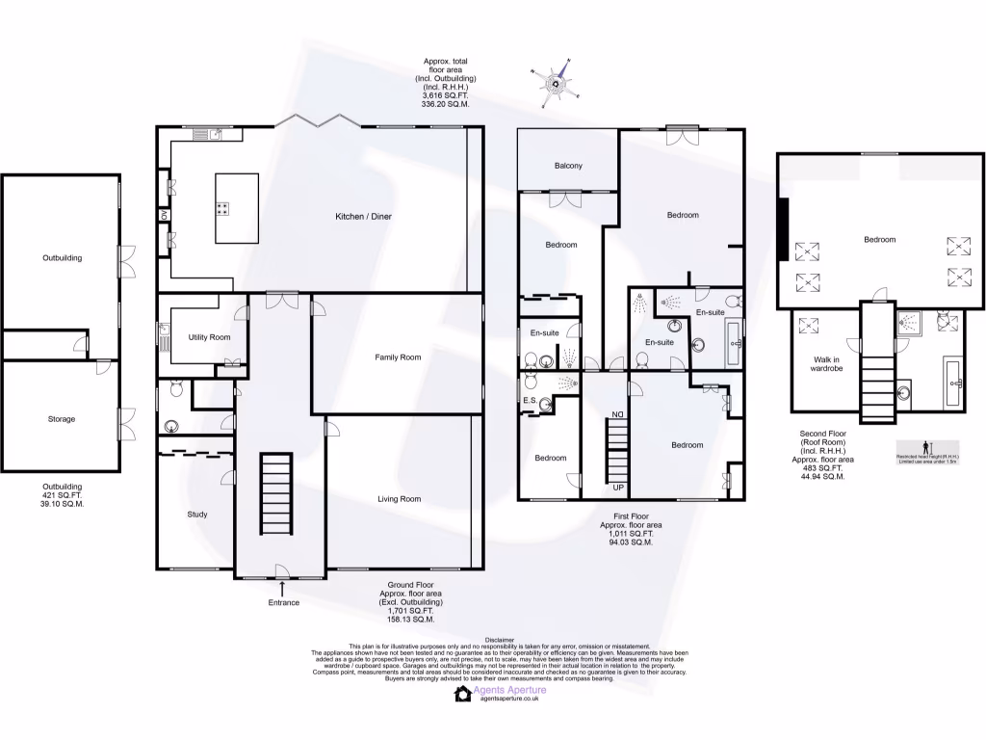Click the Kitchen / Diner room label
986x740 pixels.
click(363, 217)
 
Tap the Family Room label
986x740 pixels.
click(398, 357)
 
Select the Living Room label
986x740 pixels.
click(398, 499)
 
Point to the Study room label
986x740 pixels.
click(196, 515)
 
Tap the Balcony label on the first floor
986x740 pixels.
click(567, 167)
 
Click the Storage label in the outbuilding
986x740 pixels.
click(61, 419)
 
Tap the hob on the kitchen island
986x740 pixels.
click(222, 207)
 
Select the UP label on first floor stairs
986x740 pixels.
click(618, 488)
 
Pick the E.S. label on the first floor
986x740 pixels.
click(529, 401)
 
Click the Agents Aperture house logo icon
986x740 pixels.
click(463, 694)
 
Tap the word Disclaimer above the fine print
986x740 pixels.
click(500, 639)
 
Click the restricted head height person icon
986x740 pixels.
click(926, 448)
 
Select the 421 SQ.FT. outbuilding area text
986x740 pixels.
click(61, 495)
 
